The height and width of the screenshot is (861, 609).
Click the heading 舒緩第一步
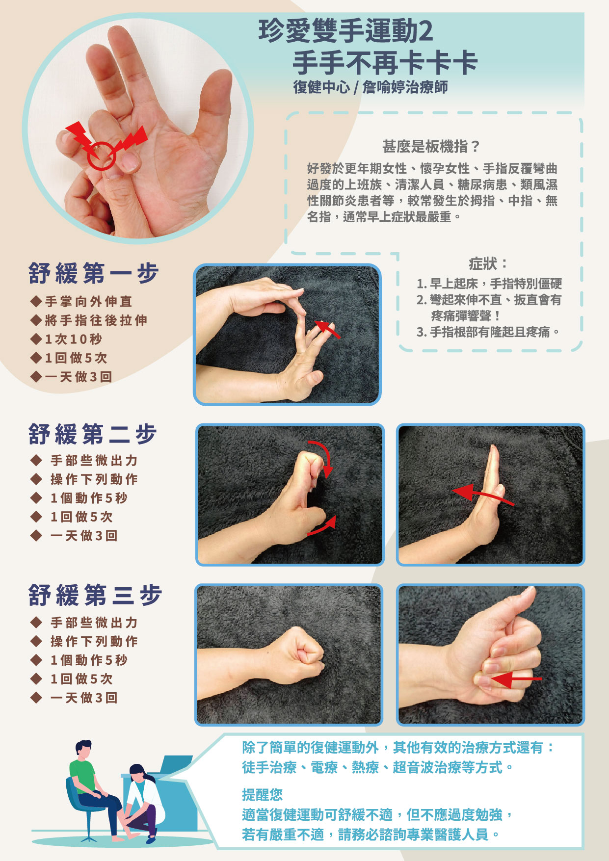94,273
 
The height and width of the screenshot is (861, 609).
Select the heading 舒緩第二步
93,434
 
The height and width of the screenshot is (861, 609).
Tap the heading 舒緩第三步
95,595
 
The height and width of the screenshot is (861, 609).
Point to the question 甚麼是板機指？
431,146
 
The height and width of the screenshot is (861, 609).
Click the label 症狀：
488,263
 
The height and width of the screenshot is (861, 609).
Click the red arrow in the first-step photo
327,329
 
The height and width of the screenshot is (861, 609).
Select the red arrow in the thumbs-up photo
517,680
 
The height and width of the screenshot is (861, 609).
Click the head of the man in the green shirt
83,750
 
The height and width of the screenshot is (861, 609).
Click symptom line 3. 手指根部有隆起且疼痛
488,332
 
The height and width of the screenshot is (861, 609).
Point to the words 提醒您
262,795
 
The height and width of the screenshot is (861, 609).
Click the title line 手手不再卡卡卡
385,63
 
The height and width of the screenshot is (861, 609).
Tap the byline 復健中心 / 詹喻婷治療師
371,87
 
